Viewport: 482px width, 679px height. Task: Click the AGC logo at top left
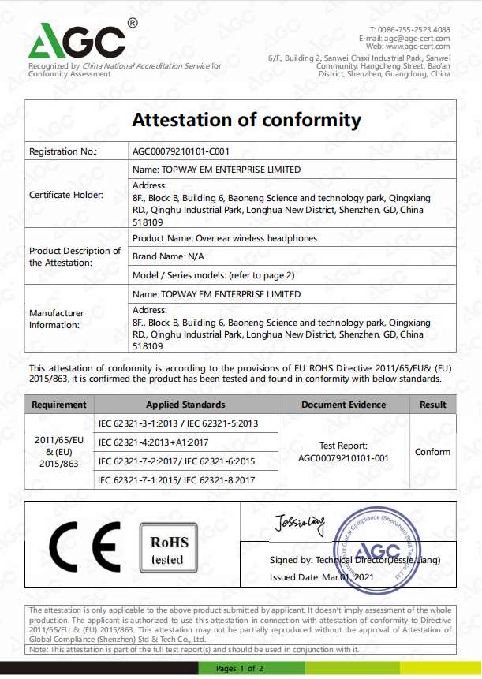coord(77,41)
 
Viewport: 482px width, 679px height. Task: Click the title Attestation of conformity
coord(246,121)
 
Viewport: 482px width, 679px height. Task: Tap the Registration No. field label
coord(62,151)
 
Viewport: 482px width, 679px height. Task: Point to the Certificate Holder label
coord(67,194)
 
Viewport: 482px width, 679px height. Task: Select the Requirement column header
coord(58,405)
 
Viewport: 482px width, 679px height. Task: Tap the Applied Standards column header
coord(185,405)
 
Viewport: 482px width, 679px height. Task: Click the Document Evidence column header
coord(343,405)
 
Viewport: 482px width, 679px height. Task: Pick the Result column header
coord(432,405)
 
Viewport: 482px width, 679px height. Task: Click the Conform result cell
coord(432,452)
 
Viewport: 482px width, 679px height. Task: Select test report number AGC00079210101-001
coord(343,457)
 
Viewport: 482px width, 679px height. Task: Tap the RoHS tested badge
coord(167,550)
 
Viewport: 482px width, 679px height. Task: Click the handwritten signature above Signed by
coord(300,521)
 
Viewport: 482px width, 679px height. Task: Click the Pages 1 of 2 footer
coord(241,669)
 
